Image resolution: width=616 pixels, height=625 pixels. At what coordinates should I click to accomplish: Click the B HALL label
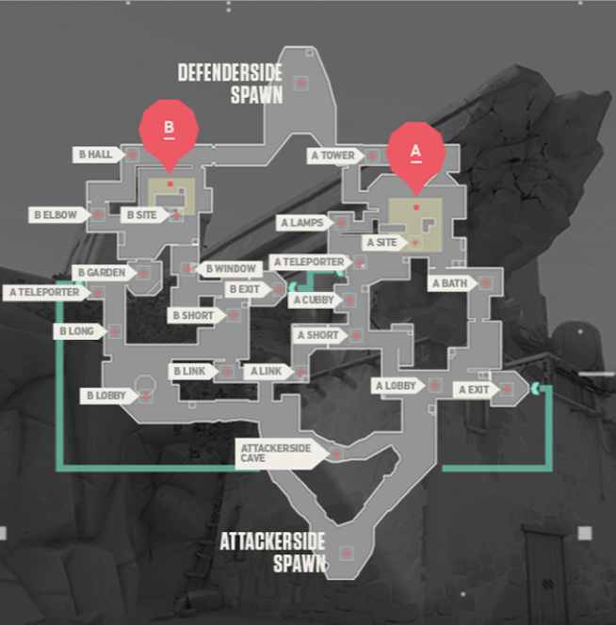95,154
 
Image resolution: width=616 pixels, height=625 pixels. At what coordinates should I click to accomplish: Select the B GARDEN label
101,272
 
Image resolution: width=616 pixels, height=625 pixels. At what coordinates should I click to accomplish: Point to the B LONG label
76,331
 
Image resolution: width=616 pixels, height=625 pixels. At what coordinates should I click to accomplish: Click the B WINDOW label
230,269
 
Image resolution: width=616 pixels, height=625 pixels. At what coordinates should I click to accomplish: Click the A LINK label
266,372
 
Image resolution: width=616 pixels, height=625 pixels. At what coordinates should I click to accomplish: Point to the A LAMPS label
302,223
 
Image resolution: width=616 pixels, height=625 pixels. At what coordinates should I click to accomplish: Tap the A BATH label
450,282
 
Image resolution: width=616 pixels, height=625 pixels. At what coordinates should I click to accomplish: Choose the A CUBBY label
313,300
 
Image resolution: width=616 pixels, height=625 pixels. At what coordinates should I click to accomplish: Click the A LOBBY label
397,385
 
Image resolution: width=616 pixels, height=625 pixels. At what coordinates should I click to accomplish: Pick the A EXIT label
475,389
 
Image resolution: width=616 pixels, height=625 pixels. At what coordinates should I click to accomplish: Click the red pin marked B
170,128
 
